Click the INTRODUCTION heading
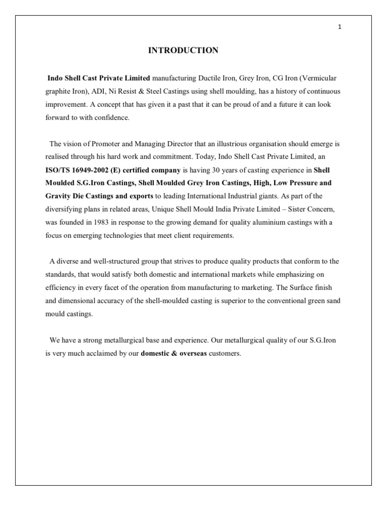pos(183,50)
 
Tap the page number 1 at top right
pos(340,27)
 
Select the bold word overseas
pos(191,353)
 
